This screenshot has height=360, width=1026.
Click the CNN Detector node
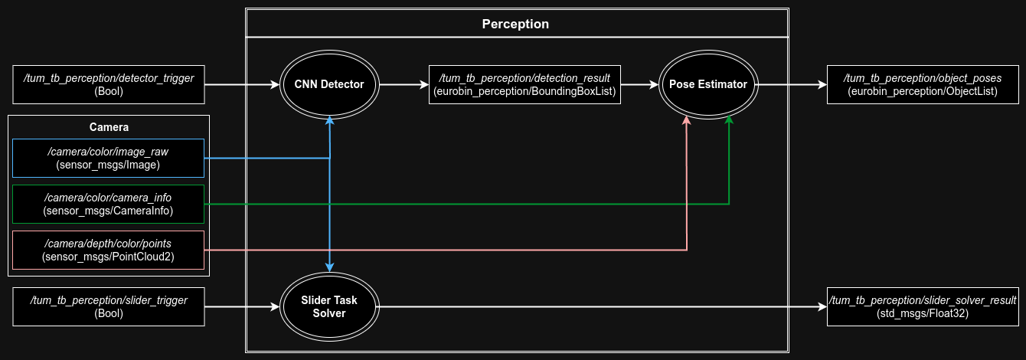pos(330,84)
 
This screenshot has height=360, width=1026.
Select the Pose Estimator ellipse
pos(707,84)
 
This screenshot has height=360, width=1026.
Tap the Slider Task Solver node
pos(330,307)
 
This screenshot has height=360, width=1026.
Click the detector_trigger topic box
pos(109,84)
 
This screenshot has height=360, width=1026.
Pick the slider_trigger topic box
pos(109,307)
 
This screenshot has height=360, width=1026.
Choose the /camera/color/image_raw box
pos(109,159)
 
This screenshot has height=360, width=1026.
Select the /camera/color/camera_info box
pos(109,205)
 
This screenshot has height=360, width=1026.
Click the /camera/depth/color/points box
pos(109,250)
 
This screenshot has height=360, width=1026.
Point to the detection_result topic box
pos(525,84)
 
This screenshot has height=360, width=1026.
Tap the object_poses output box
pos(923,84)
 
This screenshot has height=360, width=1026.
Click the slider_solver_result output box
pos(923,307)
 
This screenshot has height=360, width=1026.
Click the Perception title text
pos(515,24)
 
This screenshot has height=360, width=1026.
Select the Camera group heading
pos(109,126)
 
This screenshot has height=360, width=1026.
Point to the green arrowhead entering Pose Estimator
pos(729,120)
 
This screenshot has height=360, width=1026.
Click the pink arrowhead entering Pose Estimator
pos(687,121)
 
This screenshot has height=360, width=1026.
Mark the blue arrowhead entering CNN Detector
pos(330,121)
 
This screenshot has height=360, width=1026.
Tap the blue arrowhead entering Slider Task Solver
pos(330,266)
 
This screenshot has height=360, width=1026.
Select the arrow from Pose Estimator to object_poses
pos(792,84)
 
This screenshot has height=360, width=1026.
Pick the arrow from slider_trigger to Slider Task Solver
pos(242,307)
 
